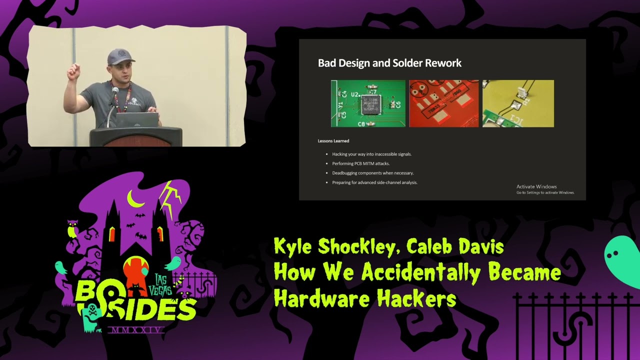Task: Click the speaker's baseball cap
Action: click(x=120, y=57)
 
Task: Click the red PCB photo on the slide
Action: click(x=443, y=103)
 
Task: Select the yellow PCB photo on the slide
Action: click(x=518, y=103)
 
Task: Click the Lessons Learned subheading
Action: click(x=333, y=141)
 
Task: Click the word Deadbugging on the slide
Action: click(x=346, y=173)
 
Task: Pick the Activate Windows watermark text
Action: click(x=536, y=186)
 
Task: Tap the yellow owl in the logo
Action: click(x=72, y=229)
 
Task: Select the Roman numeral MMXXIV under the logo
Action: click(x=136, y=330)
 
